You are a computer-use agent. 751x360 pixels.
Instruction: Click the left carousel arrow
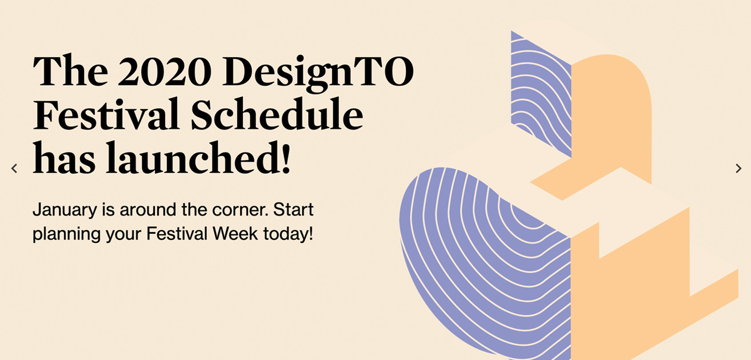click(x=14, y=168)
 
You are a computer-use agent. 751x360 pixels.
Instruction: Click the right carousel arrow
click(x=738, y=168)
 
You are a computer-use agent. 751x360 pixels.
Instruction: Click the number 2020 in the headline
click(x=165, y=71)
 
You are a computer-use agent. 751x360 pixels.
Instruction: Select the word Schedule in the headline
click(x=277, y=114)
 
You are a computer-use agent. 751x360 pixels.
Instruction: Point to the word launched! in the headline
click(x=198, y=158)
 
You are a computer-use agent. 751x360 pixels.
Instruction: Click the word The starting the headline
click(x=70, y=70)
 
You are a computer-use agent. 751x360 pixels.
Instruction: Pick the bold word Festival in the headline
click(x=106, y=114)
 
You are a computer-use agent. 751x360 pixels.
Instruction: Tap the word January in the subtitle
click(x=65, y=210)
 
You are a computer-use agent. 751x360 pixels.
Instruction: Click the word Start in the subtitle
click(x=293, y=210)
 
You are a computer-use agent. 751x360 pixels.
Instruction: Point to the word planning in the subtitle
click(x=66, y=234)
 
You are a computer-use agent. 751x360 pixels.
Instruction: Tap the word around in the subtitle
click(x=148, y=210)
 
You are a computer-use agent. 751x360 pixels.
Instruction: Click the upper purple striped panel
click(x=541, y=94)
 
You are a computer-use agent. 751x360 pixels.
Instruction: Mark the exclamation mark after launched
click(x=286, y=158)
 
